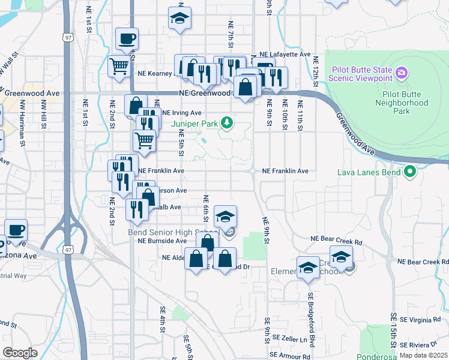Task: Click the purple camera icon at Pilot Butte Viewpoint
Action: (402, 74)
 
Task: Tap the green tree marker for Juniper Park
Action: (227, 124)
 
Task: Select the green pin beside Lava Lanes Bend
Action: (410, 172)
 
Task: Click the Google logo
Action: (20, 352)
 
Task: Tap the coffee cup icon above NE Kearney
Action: (127, 40)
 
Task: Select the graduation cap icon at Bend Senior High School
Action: (225, 217)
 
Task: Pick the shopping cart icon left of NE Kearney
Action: (119, 66)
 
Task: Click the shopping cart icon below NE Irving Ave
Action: (144, 141)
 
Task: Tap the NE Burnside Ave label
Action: (162, 241)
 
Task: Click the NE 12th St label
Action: (315, 70)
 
